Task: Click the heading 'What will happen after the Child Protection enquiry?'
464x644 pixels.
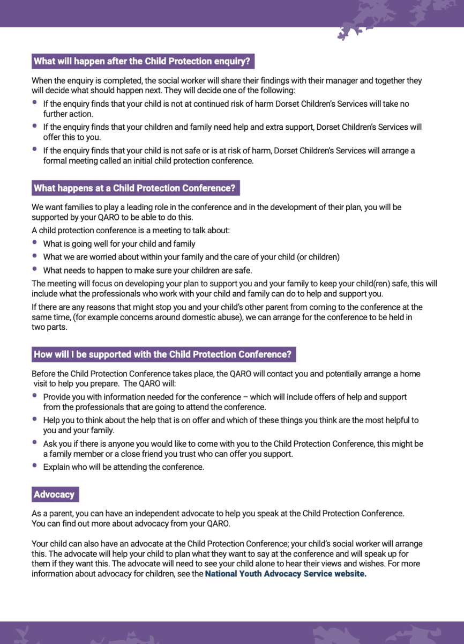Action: (x=142, y=61)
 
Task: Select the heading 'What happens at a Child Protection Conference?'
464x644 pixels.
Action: (x=134, y=188)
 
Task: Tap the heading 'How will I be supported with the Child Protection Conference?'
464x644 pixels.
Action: (x=163, y=354)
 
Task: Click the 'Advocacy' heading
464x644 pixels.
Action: (x=54, y=494)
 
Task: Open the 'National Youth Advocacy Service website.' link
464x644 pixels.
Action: (x=286, y=574)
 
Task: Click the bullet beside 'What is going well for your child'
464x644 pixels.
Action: (x=35, y=243)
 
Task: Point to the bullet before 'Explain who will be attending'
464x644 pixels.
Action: (x=35, y=466)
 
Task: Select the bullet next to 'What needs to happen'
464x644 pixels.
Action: (x=35, y=269)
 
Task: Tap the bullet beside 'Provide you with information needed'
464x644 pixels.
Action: (x=35, y=396)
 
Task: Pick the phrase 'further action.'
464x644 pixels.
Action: (x=68, y=114)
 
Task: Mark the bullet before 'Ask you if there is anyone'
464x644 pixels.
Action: (x=35, y=443)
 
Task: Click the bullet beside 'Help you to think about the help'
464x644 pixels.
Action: (x=35, y=419)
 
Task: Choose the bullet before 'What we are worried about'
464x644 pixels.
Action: (x=35, y=256)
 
